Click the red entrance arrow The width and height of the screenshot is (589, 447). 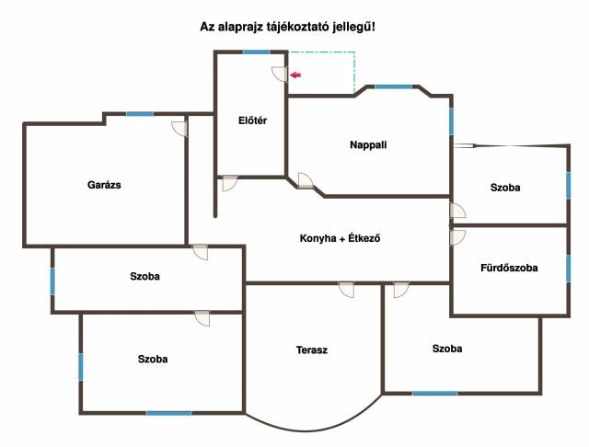296,75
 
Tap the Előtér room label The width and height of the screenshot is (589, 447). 251,120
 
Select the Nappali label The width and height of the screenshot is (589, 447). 368,144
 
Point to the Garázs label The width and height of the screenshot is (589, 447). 104,184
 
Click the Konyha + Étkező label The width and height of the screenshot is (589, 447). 341,239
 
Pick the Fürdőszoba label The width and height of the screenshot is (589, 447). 509,269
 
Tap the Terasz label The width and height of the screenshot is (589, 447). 312,350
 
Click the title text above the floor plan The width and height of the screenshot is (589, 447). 288,28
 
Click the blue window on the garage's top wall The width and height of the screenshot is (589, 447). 140,114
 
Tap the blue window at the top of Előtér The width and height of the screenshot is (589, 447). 257,52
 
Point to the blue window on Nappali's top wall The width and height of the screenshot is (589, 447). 393,86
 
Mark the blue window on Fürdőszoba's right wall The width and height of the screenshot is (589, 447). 568,269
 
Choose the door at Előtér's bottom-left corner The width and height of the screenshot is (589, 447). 229,183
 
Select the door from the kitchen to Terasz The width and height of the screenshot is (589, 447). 347,290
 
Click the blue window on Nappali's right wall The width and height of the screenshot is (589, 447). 451,120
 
